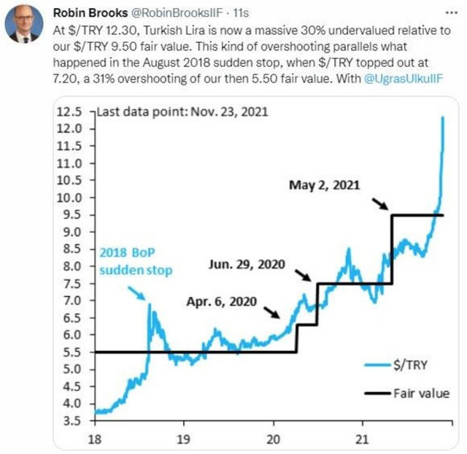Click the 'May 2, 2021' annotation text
coord(325,186)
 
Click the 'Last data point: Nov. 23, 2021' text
coord(183,112)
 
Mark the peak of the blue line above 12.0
coord(443,117)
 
